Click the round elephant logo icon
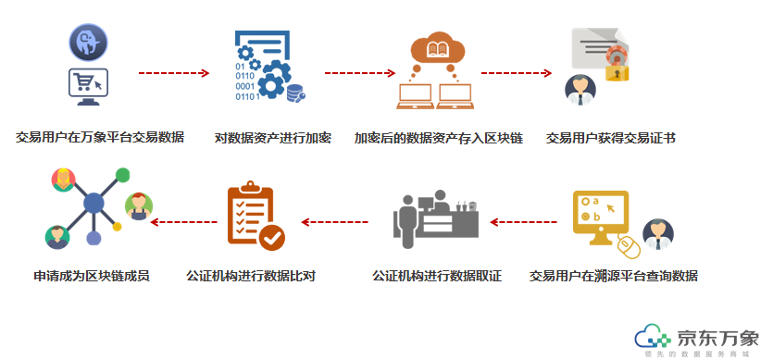[x=89, y=42]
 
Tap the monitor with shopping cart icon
[x=89, y=85]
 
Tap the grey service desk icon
[x=436, y=219]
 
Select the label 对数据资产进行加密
[x=272, y=138]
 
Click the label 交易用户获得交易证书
[x=610, y=138]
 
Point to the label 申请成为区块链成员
[x=92, y=275]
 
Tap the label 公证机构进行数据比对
[x=251, y=275]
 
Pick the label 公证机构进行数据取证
[x=436, y=275]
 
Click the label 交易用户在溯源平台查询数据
[x=614, y=275]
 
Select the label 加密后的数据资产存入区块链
[x=439, y=138]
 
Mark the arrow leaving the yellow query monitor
[x=524, y=221]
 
